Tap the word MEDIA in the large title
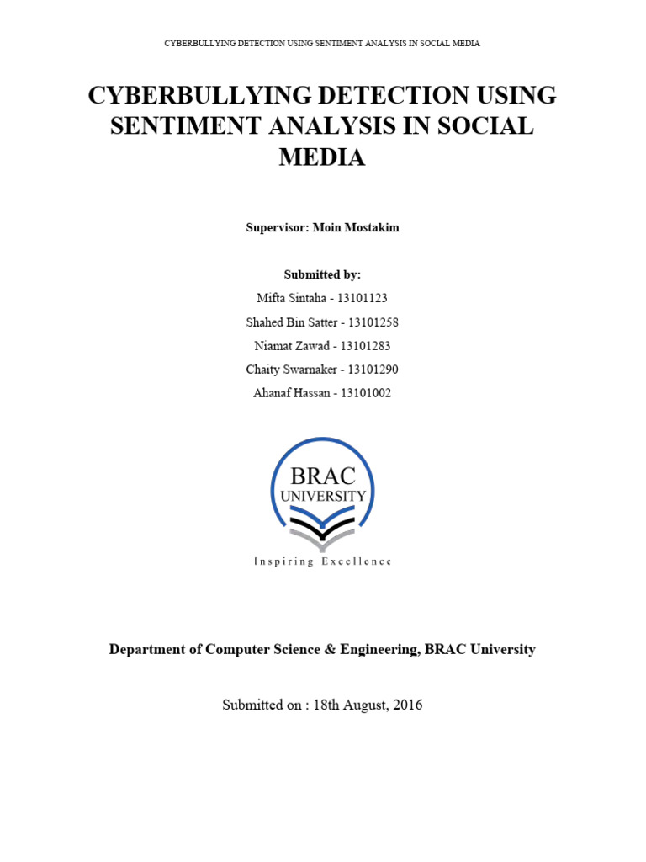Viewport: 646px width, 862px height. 322,157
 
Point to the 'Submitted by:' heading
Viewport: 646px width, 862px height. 322,274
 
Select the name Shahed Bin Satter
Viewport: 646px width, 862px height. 290,322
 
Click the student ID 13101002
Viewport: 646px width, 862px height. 363,392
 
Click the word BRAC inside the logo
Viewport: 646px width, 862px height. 323,475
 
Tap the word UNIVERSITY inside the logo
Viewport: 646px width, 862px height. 323,497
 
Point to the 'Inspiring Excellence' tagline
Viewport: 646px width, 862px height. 322,561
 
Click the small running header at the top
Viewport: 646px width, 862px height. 322,43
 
